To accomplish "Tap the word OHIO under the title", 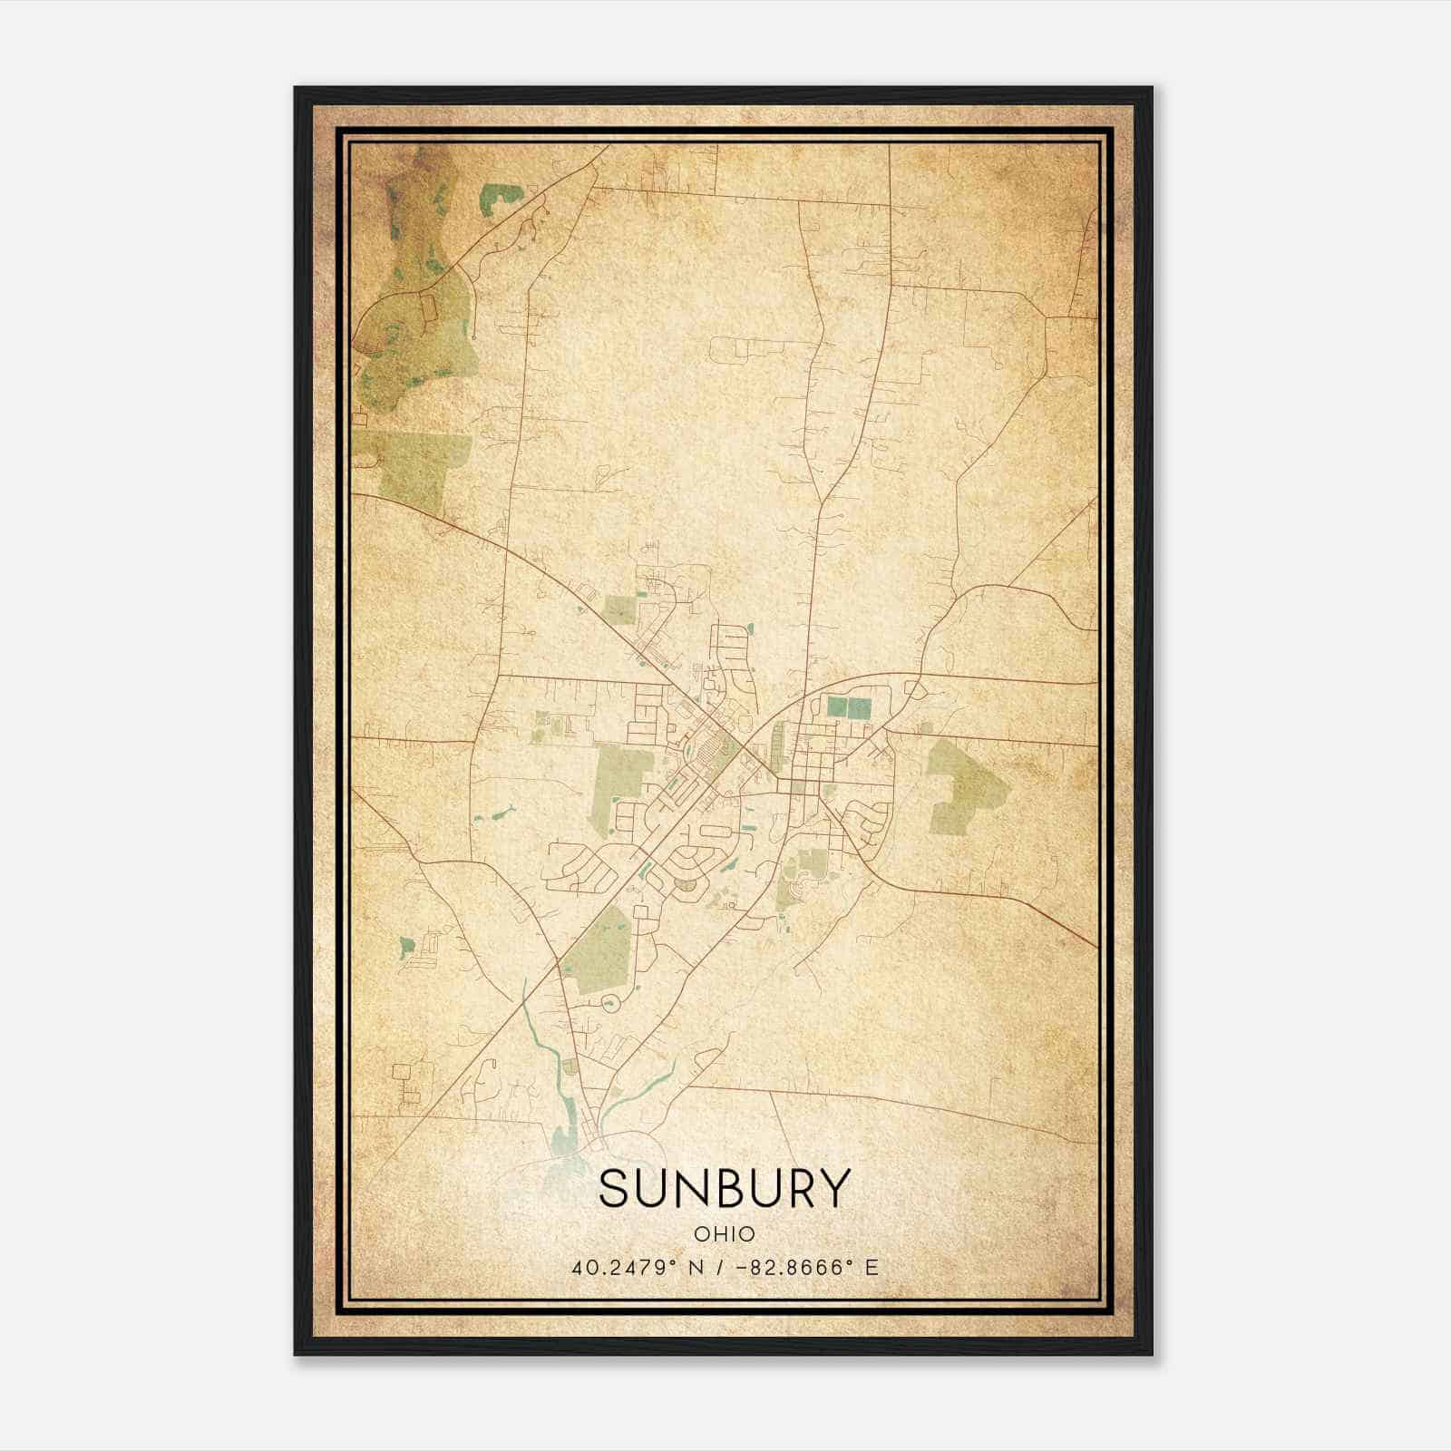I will tap(725, 1234).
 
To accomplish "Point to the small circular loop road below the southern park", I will tap(609, 1003).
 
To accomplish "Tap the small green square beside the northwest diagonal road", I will tap(620, 609).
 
